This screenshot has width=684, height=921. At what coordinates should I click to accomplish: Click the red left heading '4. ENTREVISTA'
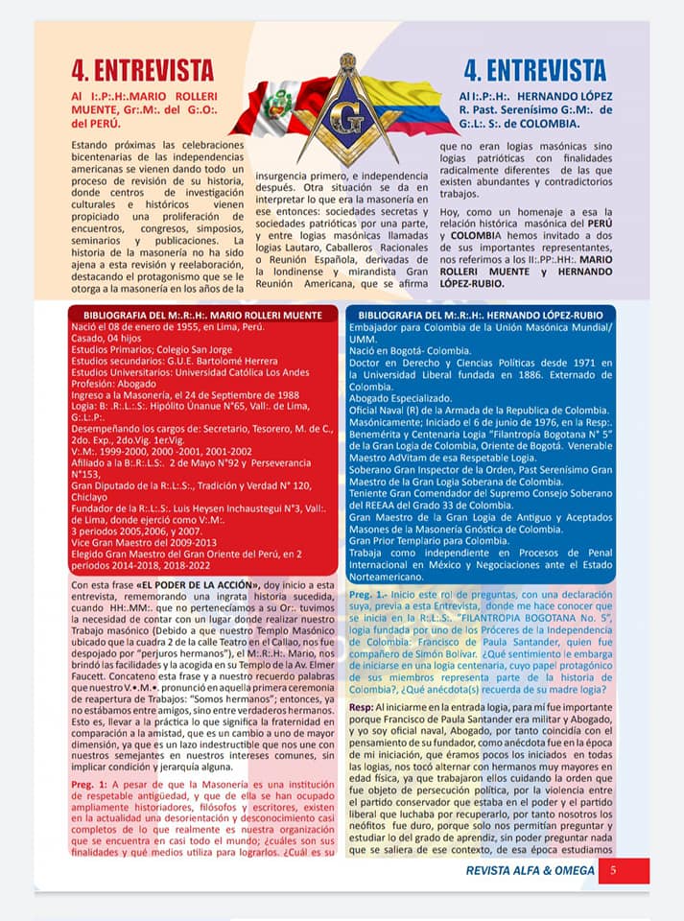pos(142,71)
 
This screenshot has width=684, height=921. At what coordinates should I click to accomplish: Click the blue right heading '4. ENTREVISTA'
pos(534,70)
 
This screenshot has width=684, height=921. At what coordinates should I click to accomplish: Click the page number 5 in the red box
pos(613,870)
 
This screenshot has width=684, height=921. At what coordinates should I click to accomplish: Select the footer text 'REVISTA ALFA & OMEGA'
pos(530,870)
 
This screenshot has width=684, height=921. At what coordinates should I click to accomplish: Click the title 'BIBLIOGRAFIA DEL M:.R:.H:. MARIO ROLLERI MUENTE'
pos(203,315)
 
